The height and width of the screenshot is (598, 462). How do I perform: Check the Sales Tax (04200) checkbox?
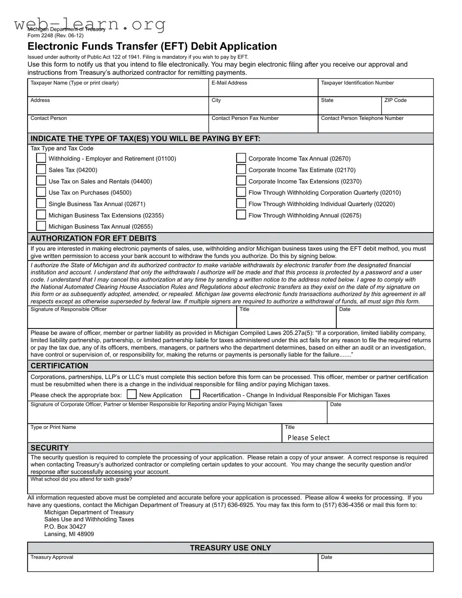[x=41, y=169]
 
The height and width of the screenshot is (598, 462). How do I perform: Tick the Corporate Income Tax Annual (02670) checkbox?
[x=241, y=158]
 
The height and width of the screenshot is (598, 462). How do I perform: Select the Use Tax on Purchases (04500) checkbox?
[x=41, y=192]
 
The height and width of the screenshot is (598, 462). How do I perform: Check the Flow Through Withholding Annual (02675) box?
[x=241, y=215]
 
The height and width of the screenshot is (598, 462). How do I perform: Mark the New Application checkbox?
[x=132, y=394]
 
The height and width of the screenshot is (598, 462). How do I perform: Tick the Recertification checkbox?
[x=195, y=394]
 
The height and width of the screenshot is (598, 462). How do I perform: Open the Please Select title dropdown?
[x=358, y=438]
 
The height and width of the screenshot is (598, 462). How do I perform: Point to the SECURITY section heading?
[x=50, y=448]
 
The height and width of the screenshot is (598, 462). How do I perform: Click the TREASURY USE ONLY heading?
[x=230, y=548]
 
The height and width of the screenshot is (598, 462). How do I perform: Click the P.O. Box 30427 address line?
[x=65, y=526]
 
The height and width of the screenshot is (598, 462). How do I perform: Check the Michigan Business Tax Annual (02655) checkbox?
[x=41, y=226]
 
